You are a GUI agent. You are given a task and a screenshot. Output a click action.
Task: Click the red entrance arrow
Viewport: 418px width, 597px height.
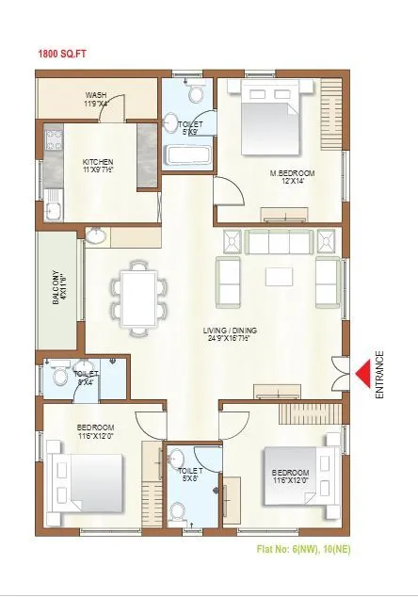(x=361, y=371)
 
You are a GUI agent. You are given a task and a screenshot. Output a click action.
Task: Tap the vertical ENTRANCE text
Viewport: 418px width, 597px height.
(x=380, y=375)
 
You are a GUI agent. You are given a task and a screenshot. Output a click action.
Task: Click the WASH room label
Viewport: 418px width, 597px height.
(x=96, y=94)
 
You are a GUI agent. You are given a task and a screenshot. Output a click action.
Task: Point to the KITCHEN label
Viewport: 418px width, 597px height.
(x=97, y=161)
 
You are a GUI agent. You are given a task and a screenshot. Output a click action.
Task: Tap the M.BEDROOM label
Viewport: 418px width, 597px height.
(x=291, y=173)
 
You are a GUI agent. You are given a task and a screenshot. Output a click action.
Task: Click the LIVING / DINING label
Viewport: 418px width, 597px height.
(x=230, y=331)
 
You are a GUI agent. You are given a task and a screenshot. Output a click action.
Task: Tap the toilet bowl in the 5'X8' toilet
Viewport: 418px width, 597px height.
(x=177, y=512)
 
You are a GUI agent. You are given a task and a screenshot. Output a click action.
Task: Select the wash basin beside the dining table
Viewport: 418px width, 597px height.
(x=97, y=235)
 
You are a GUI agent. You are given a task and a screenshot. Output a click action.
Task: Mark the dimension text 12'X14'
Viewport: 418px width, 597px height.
(x=291, y=182)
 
